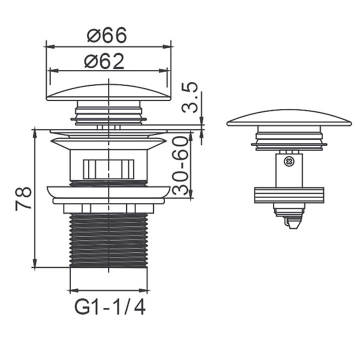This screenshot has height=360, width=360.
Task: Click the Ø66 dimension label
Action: click(107, 35)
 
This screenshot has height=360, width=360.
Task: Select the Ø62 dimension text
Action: click(104, 61)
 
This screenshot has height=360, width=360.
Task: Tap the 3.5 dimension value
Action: click(190, 97)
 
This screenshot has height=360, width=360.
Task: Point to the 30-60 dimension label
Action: click(180, 165)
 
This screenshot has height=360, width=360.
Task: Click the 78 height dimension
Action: click(23, 199)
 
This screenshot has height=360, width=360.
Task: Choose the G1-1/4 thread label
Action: click(110, 308)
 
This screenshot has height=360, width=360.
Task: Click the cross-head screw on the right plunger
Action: click(288, 161)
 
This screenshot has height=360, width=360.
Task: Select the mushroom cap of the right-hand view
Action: click(289, 118)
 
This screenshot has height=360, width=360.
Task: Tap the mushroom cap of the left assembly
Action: click(109, 92)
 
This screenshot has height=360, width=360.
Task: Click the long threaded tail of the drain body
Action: click(108, 240)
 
